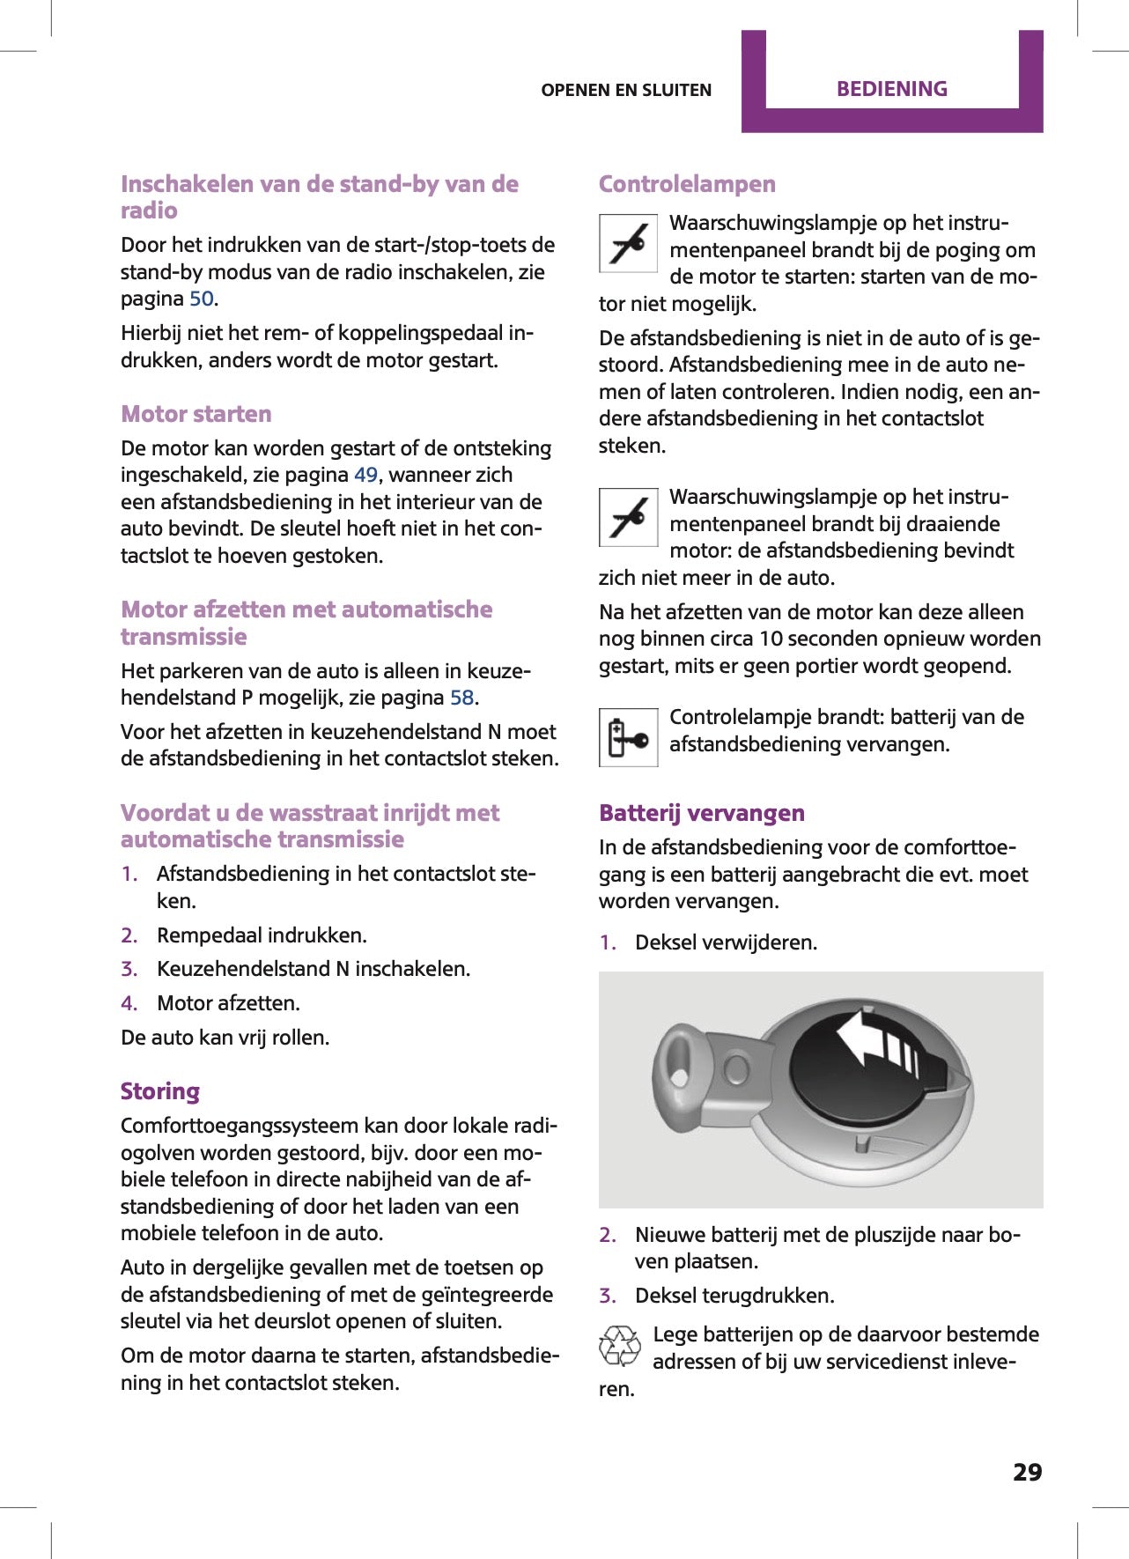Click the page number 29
(1027, 1472)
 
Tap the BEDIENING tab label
(891, 89)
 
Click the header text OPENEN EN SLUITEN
(626, 90)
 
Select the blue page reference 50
(202, 299)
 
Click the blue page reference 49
(365, 475)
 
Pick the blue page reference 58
(462, 698)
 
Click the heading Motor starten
(196, 414)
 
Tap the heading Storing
(160, 1091)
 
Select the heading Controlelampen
(687, 184)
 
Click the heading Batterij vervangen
(702, 813)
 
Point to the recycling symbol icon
(620, 1346)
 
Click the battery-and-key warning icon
(628, 737)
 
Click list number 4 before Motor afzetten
(129, 1003)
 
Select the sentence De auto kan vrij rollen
(225, 1038)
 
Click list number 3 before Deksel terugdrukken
(608, 1296)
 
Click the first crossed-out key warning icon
(628, 243)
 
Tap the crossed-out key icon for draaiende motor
(628, 517)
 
